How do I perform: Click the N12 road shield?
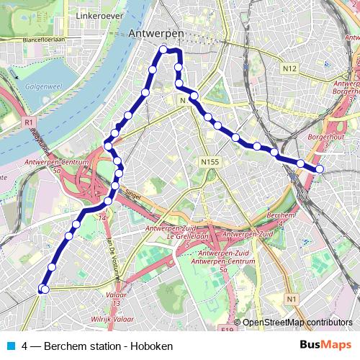(290, 68)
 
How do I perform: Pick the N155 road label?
(210, 163)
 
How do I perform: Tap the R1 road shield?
(29, 123)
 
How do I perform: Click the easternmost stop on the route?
(320, 169)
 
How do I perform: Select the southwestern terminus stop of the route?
(43, 289)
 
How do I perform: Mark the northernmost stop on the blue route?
(164, 49)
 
